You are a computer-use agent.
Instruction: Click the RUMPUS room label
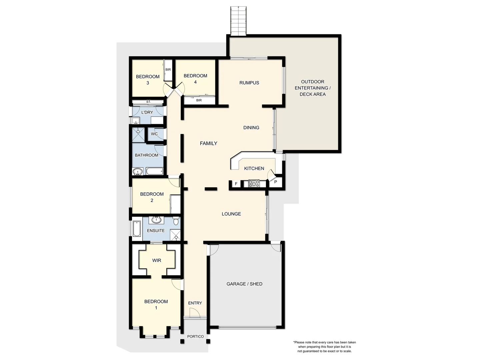tap(249, 83)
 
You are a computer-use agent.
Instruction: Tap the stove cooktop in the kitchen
tap(254, 184)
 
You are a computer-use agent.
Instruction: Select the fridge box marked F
tap(236, 184)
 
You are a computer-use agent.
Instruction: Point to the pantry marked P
tap(276, 182)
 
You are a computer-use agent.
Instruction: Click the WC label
tap(154, 134)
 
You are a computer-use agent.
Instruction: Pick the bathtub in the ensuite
tap(137, 229)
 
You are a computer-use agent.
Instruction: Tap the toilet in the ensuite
tap(176, 220)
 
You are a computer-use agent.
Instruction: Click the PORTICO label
tap(195, 337)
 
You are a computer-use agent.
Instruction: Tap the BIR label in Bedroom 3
tap(168, 70)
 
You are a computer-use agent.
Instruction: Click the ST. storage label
tap(148, 102)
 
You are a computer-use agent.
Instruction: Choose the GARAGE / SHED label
tap(244, 284)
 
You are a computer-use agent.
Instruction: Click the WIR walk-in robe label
tap(157, 260)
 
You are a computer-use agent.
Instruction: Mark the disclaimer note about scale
tap(324, 347)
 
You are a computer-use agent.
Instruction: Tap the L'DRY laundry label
tap(147, 112)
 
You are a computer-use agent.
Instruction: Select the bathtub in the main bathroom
tap(154, 172)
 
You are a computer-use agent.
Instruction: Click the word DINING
tap(251, 128)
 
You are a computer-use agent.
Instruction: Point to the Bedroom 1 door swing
tap(176, 283)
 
